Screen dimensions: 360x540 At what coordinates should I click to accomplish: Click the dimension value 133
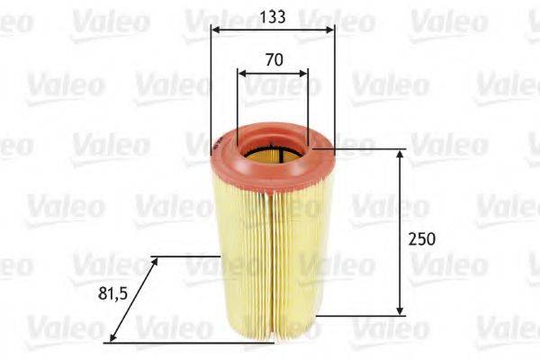point(273,15)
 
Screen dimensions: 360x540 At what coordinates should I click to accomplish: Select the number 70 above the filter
point(274,60)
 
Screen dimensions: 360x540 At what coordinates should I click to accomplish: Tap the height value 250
point(421,239)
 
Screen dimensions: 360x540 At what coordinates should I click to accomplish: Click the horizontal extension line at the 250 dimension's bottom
point(360,315)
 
